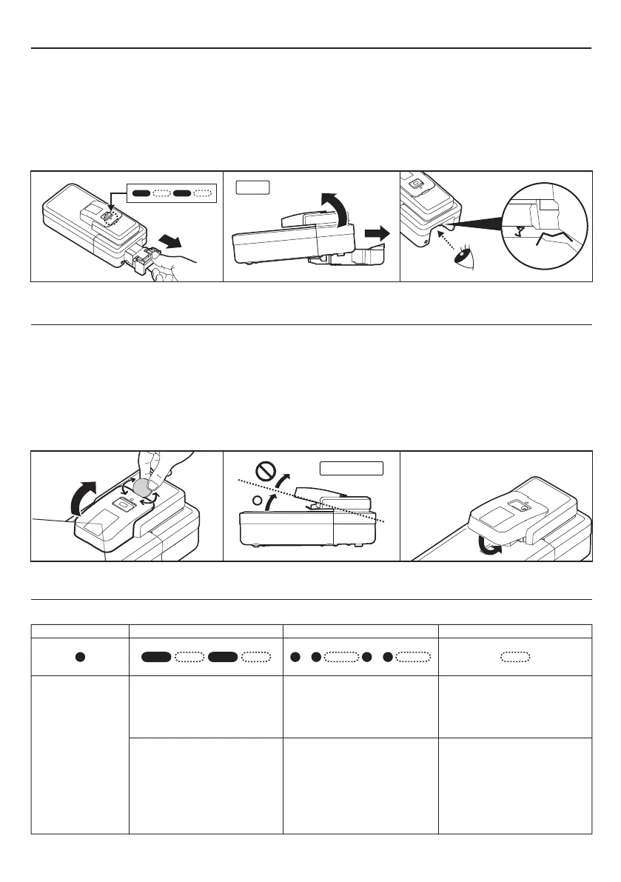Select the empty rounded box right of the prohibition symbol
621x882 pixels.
pyautogui.click(x=351, y=468)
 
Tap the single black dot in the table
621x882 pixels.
pyautogui.click(x=79, y=656)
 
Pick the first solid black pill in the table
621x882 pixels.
pyautogui.click(x=157, y=656)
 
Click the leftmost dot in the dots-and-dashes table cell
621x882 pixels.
pyautogui.click(x=296, y=656)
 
